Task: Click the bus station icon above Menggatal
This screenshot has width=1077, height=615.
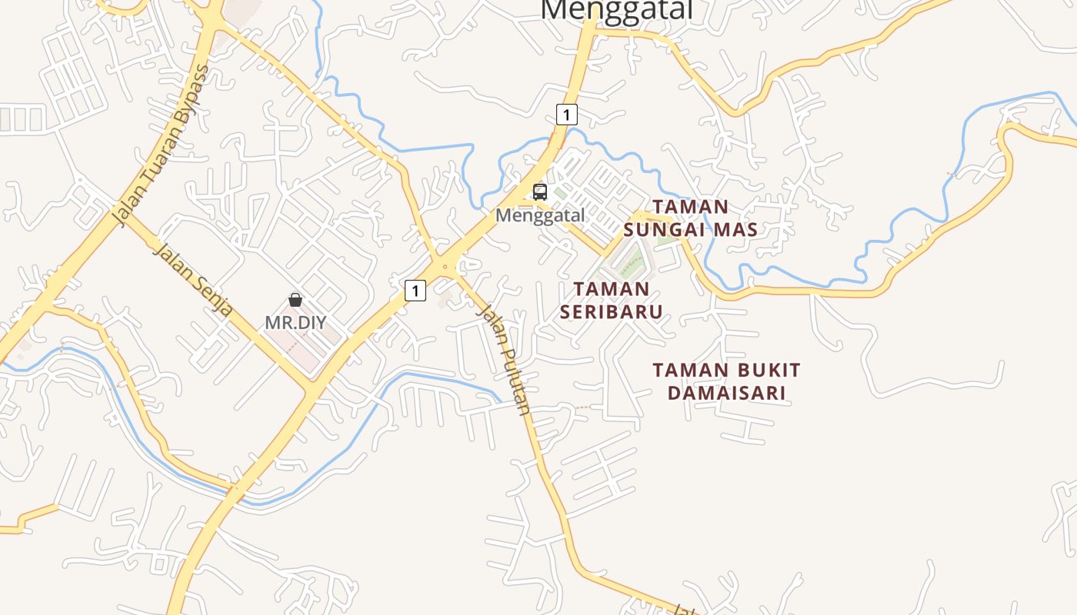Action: pos(540,192)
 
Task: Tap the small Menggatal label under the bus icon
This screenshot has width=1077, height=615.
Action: pos(540,215)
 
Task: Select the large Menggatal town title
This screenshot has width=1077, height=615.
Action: pos(617,9)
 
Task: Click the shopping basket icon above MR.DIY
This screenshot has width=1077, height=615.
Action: pos(295,300)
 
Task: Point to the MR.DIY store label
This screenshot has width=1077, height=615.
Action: pos(295,322)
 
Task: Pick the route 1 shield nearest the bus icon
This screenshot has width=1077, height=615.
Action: pos(566,115)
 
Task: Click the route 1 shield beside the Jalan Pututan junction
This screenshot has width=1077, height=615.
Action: pos(415,291)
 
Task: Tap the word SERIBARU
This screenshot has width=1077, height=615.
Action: pos(611,311)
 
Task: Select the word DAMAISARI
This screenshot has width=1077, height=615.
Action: pos(726,394)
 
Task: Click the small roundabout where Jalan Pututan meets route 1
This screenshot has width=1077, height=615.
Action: pos(444,267)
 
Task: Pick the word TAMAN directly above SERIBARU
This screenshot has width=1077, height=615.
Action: pos(612,289)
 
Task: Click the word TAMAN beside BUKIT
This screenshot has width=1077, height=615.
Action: pos(686,371)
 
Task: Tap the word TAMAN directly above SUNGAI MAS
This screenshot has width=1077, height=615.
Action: pos(690,206)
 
